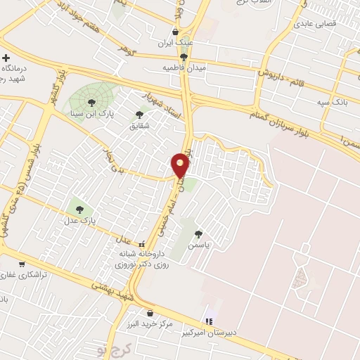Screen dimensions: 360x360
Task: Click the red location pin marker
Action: coord(181,165)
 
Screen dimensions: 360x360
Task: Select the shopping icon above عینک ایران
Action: coord(176,32)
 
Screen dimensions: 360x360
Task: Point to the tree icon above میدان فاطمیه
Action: coord(184,57)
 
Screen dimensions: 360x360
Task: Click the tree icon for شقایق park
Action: coord(139,115)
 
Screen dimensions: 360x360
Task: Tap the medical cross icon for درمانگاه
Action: coord(6,58)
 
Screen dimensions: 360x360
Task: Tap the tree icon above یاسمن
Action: coord(199,233)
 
